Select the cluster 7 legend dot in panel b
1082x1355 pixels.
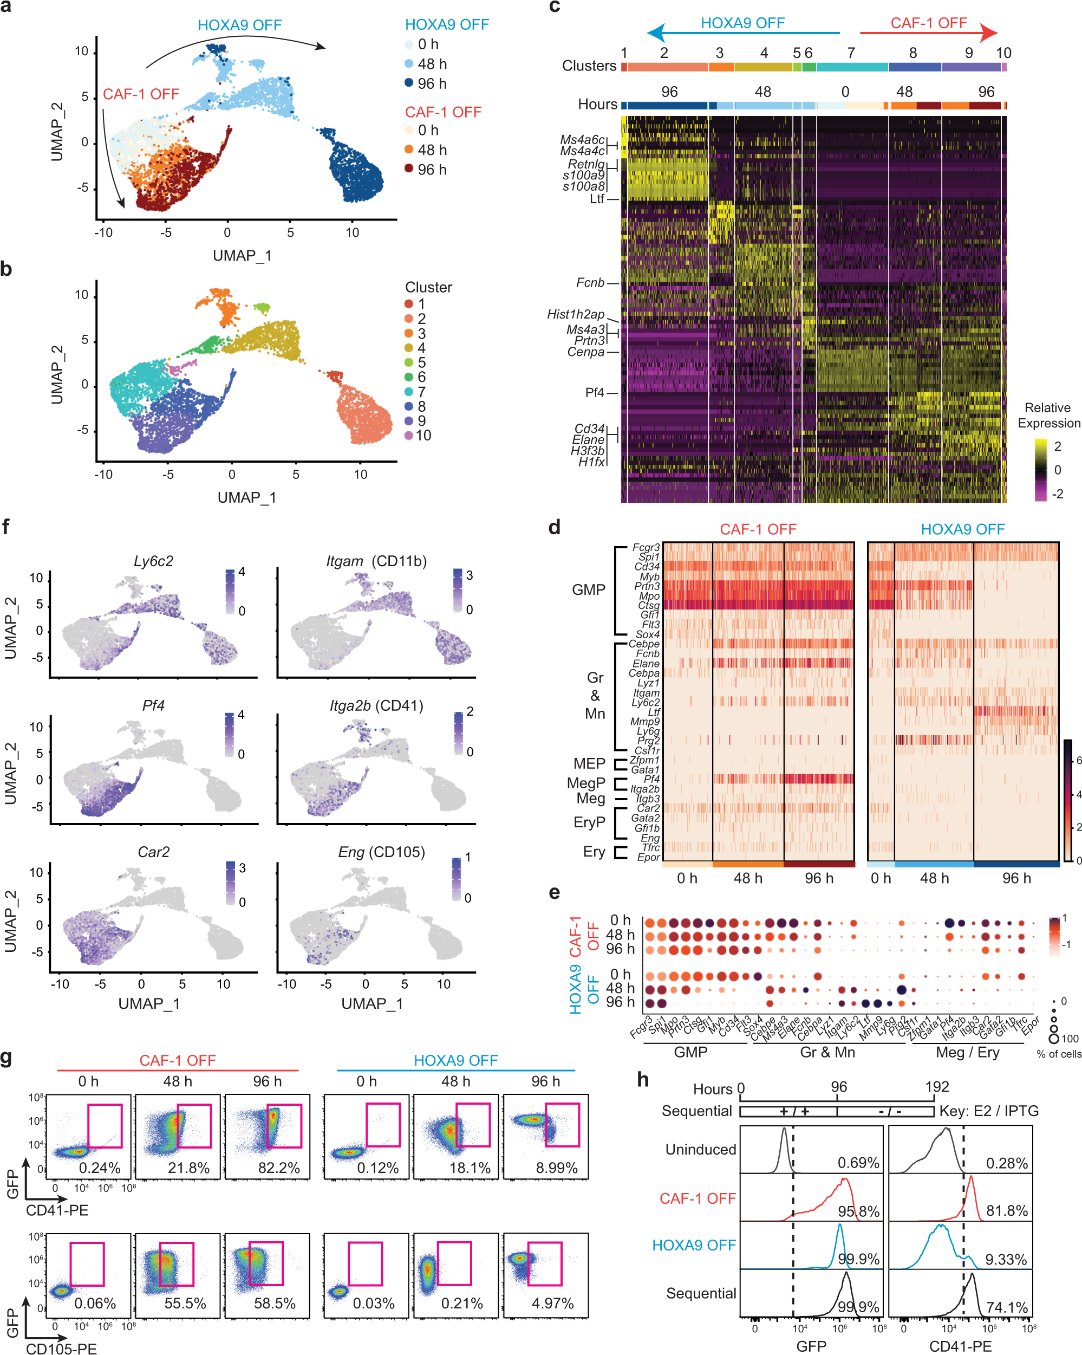pyautogui.click(x=409, y=392)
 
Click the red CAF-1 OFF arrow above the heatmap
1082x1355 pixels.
pyautogui.click(x=928, y=33)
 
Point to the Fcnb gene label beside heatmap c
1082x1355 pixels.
pyautogui.click(x=590, y=283)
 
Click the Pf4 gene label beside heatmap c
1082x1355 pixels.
pyautogui.click(x=595, y=393)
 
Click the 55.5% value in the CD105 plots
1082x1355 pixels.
pyautogui.click(x=185, y=1304)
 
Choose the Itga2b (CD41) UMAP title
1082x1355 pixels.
pyautogui.click(x=376, y=706)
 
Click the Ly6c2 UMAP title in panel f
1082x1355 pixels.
pyautogui.click(x=153, y=561)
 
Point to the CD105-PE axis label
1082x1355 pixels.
pyautogui.click(x=62, y=1348)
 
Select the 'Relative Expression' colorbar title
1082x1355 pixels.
pyautogui.click(x=1048, y=416)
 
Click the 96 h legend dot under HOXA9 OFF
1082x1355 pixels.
pyautogui.click(x=409, y=83)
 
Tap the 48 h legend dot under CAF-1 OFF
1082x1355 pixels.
pyautogui.click(x=409, y=150)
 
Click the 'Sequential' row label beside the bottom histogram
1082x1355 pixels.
pyautogui.click(x=701, y=1293)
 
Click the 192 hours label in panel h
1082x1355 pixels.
pyautogui.click(x=936, y=1087)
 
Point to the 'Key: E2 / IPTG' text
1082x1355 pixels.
pyautogui.click(x=988, y=1111)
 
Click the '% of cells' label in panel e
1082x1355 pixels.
pyautogui.click(x=1059, y=1054)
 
